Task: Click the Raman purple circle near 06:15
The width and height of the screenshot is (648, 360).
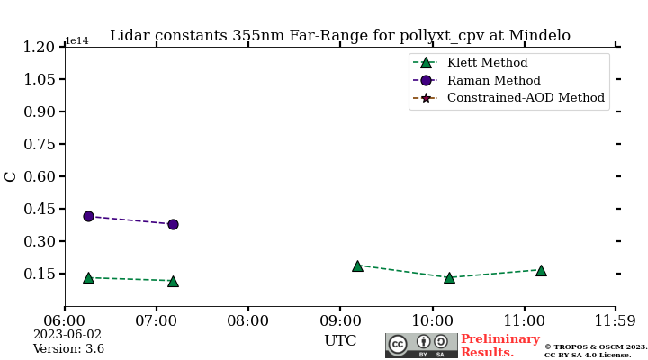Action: (x=88, y=216)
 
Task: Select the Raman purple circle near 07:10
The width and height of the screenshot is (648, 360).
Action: (x=173, y=224)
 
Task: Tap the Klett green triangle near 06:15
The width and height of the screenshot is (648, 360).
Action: (x=88, y=277)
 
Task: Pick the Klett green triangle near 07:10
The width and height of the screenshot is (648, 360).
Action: (x=173, y=281)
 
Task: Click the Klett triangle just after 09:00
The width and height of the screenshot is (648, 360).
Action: (x=357, y=265)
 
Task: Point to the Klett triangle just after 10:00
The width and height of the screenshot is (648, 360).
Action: (x=449, y=277)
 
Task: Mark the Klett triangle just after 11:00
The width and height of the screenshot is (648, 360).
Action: (x=541, y=270)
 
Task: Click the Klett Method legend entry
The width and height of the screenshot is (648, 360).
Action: (x=487, y=63)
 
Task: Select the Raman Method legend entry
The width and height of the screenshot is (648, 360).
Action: (x=493, y=80)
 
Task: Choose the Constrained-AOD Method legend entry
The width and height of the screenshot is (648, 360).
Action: (x=526, y=97)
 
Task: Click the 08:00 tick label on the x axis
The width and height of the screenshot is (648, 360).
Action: (x=247, y=321)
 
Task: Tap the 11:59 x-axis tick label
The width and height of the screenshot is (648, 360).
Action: (x=616, y=321)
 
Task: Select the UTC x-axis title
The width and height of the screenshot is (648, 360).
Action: (x=340, y=341)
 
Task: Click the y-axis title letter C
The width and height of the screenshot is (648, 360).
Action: (x=11, y=176)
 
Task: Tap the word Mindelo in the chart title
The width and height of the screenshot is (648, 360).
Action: (x=539, y=36)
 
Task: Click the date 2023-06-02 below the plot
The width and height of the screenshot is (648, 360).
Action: (x=67, y=335)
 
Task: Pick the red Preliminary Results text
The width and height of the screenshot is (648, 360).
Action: (x=499, y=346)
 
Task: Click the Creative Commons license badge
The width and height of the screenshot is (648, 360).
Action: (x=421, y=345)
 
